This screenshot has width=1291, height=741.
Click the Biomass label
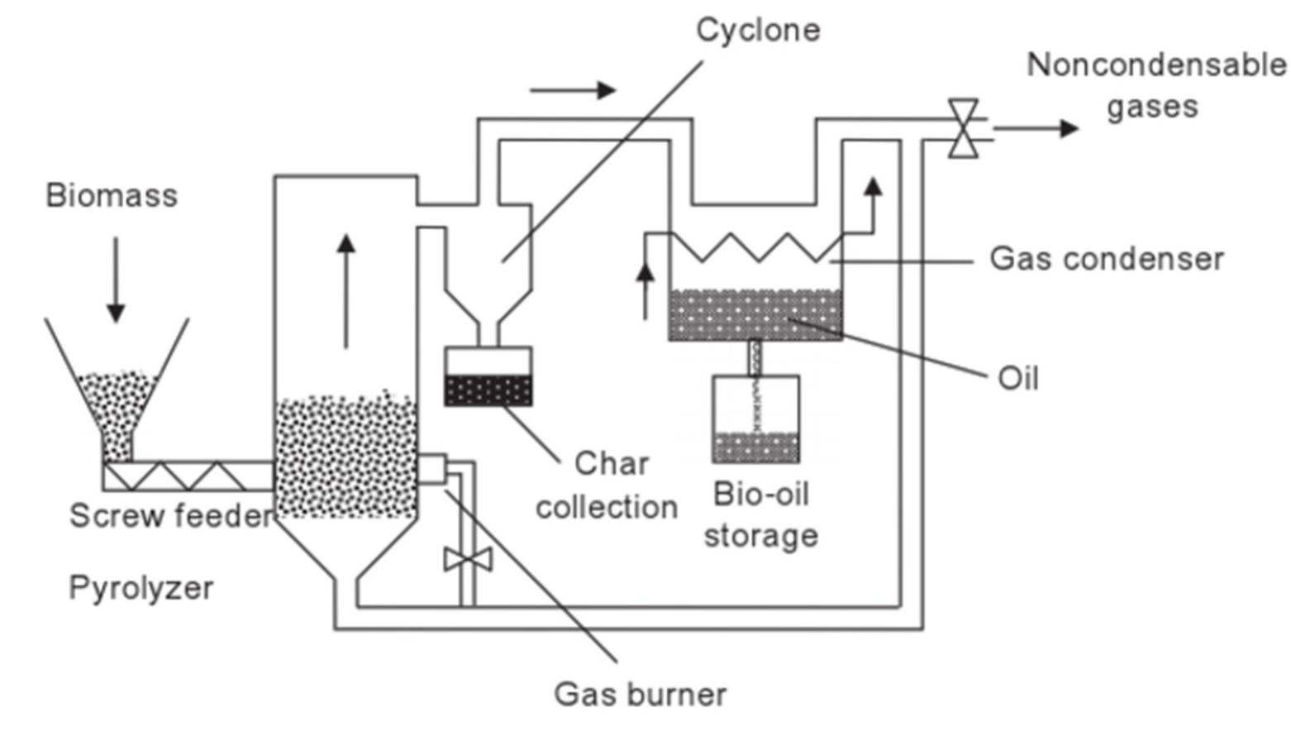(112, 196)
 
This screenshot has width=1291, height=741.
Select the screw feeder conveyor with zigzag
(188, 476)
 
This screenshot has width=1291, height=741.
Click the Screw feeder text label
(170, 516)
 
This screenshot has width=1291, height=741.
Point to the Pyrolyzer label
(141, 588)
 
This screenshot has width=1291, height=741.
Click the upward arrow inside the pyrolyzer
(346, 290)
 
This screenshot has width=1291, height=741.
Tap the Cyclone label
(758, 30)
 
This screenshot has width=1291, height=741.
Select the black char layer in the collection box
(488, 390)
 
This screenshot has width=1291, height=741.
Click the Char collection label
(607, 485)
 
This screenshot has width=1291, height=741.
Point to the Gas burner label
(641, 694)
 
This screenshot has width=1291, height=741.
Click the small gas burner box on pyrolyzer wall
(431, 469)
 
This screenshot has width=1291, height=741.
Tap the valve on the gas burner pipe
(468, 559)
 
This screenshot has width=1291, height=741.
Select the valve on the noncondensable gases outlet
(963, 128)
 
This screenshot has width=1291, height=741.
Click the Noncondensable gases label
(1155, 85)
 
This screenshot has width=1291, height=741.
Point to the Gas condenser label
(1107, 259)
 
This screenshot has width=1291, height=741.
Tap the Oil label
(1018, 379)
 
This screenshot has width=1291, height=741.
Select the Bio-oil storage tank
(755, 419)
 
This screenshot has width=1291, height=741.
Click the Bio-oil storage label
(761, 514)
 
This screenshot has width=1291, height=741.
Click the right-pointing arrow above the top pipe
(573, 90)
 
